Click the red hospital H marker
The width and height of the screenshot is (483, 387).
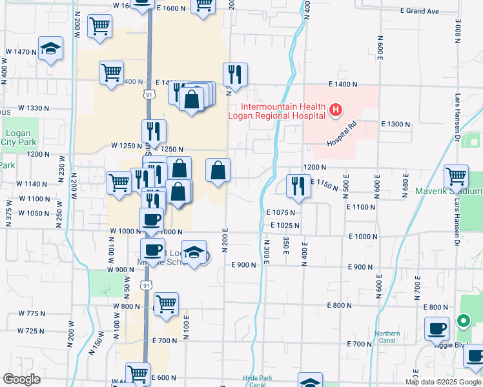point(335,111)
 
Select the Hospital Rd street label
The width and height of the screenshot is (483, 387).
point(342,134)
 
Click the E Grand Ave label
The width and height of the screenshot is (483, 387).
point(419,11)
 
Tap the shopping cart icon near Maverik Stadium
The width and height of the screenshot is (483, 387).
point(456,175)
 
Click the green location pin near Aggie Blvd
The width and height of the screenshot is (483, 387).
point(462,320)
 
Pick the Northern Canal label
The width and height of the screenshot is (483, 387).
point(387,337)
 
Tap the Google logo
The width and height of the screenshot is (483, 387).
point(21,379)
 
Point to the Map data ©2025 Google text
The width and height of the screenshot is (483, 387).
point(443,381)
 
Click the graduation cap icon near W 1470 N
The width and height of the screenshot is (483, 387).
point(50,49)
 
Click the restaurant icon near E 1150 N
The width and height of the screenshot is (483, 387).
point(298,186)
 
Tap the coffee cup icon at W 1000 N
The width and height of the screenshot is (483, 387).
point(152,219)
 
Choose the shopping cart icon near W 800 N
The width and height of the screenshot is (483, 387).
point(166,304)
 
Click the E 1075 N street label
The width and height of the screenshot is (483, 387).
point(280,212)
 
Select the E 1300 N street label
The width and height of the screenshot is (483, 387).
point(396,124)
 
